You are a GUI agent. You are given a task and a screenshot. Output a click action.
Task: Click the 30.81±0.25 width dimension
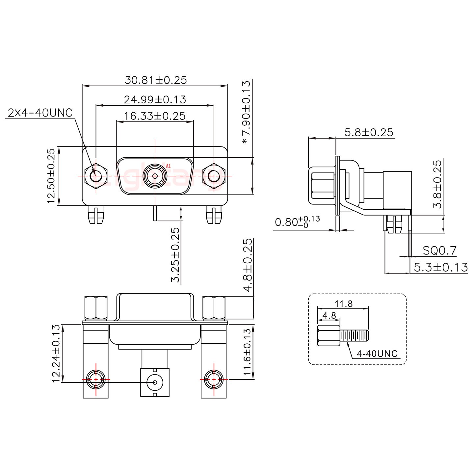click(x=155, y=80)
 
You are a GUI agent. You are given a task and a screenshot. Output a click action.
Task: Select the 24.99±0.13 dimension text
click(x=155, y=99)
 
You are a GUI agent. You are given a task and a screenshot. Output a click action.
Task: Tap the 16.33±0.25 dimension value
click(x=154, y=116)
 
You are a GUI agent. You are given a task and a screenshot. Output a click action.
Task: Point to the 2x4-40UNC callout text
click(x=39, y=113)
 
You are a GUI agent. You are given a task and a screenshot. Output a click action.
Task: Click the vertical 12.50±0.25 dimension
click(x=51, y=176)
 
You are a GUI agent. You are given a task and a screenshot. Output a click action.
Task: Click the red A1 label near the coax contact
click(x=168, y=166)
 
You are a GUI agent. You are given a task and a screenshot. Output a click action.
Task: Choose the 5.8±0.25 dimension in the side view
click(x=369, y=132)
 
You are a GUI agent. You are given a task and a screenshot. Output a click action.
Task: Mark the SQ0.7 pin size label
click(x=439, y=251)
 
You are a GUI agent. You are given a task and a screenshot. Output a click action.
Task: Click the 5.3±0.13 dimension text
click(x=440, y=267)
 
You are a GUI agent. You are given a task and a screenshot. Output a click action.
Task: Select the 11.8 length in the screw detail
click(x=344, y=303)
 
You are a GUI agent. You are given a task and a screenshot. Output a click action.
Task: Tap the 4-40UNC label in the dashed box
click(x=377, y=354)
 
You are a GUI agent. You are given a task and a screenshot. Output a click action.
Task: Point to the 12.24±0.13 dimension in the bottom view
click(x=56, y=354)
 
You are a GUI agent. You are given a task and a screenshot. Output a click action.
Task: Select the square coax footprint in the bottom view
click(x=154, y=382)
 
